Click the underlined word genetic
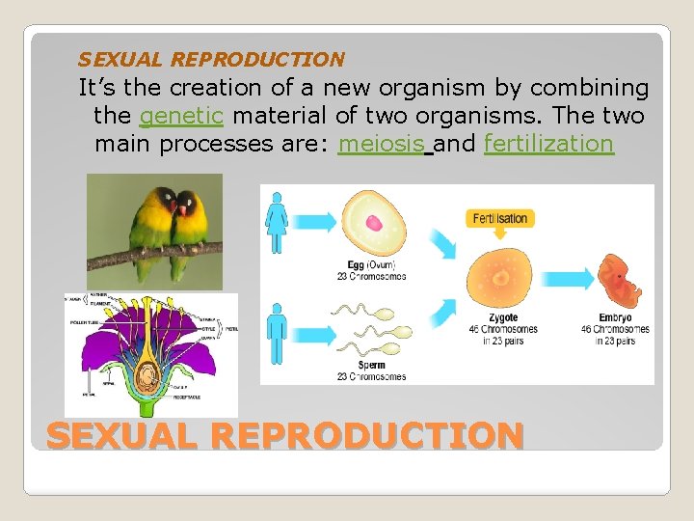pos(182,117)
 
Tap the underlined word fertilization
pos(548,144)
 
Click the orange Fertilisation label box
pos(500,218)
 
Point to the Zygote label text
pos(502,317)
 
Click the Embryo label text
pos(615,317)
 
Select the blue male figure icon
pos(278,334)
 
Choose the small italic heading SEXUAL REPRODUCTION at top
pos(211,60)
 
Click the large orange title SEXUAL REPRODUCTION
pos(284,436)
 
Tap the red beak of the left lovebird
pos(171,206)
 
